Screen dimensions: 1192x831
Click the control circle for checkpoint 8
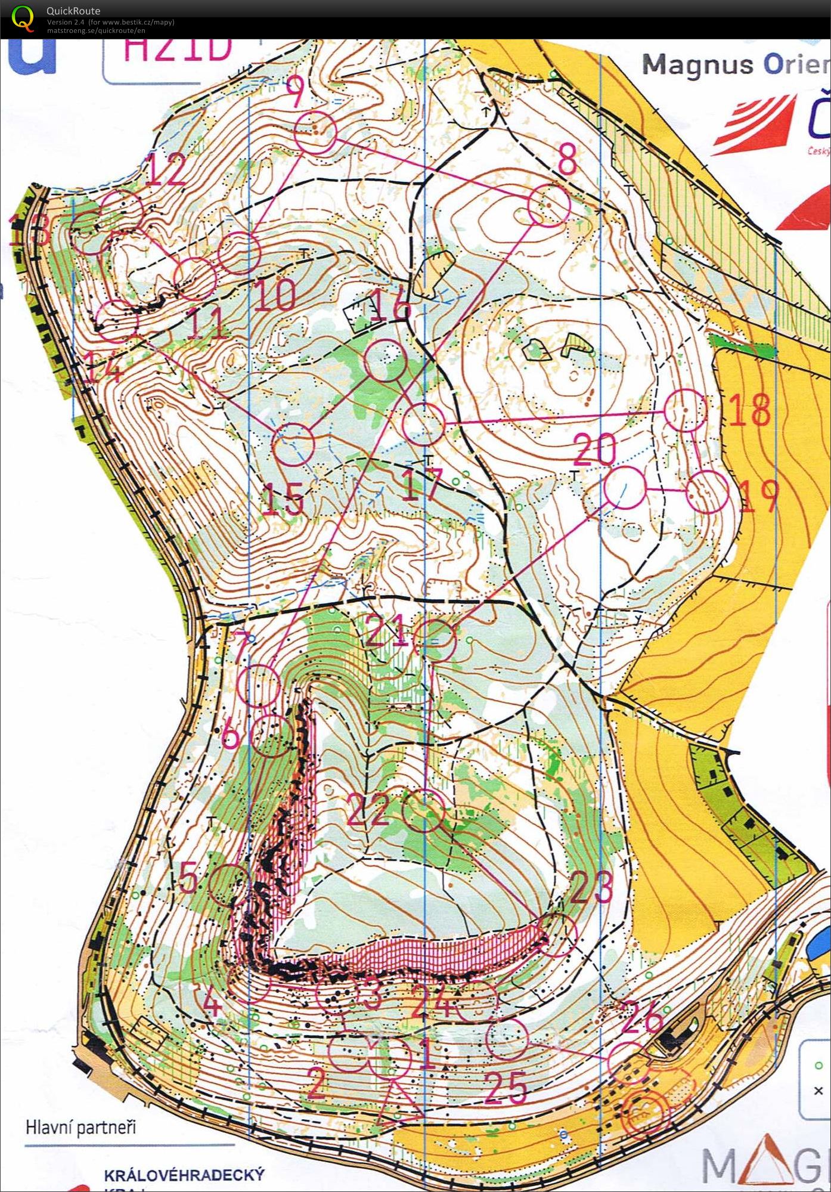tap(549, 205)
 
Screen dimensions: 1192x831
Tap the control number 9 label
tap(294, 91)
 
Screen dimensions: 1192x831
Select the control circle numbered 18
tap(685, 410)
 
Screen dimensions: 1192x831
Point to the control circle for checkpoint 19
tap(707, 491)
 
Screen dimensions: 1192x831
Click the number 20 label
tap(594, 450)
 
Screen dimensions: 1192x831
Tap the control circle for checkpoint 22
tap(424, 810)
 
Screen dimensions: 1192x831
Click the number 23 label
tap(591, 888)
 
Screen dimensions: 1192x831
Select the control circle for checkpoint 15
tap(293, 444)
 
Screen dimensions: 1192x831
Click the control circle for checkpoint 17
tap(424, 424)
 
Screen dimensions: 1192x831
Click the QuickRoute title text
tap(73, 10)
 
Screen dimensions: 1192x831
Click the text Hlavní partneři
tap(81, 1127)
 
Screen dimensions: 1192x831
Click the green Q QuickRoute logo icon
tap(23, 17)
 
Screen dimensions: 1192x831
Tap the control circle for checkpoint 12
tap(123, 209)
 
